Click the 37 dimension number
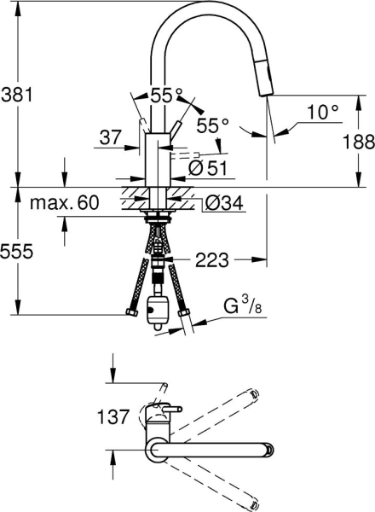pos(110,137)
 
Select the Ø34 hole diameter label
pos(222,203)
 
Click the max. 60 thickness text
pos(64,203)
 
